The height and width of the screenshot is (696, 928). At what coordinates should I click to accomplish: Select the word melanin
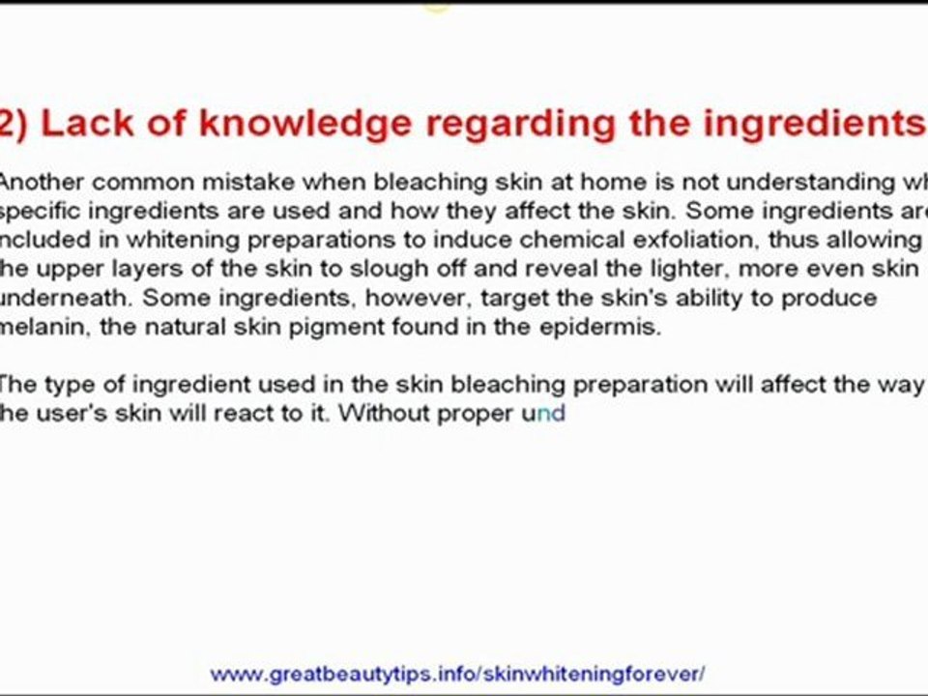(45, 327)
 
